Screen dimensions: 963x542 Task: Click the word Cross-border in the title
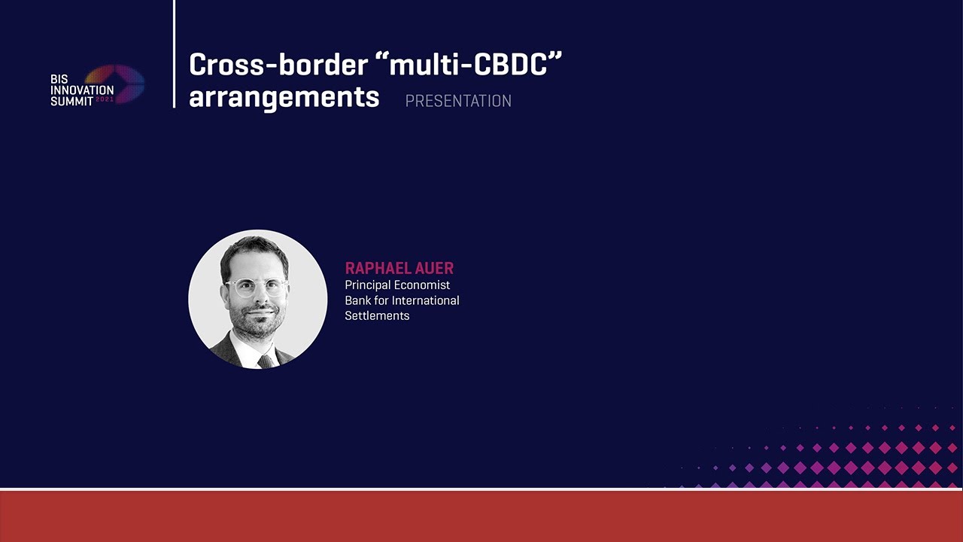(278, 65)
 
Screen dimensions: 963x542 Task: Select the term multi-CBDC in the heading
(472, 65)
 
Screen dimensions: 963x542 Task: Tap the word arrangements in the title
(284, 98)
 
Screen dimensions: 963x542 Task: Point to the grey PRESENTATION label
(458, 101)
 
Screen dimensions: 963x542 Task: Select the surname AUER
(435, 268)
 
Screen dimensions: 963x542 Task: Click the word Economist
(422, 285)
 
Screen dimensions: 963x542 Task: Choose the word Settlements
(377, 315)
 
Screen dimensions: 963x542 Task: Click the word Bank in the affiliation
(357, 300)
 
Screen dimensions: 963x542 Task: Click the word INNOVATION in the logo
(82, 90)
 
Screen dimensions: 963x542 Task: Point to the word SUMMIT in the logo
(71, 101)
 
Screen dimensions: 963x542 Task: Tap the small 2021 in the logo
(105, 100)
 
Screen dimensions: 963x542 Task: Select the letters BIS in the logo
(59, 79)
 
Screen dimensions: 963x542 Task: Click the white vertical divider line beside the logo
(174, 53)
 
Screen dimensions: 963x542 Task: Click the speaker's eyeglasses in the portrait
(257, 288)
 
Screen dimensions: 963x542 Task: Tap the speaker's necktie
(266, 361)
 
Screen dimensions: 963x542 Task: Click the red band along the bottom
(481, 516)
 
